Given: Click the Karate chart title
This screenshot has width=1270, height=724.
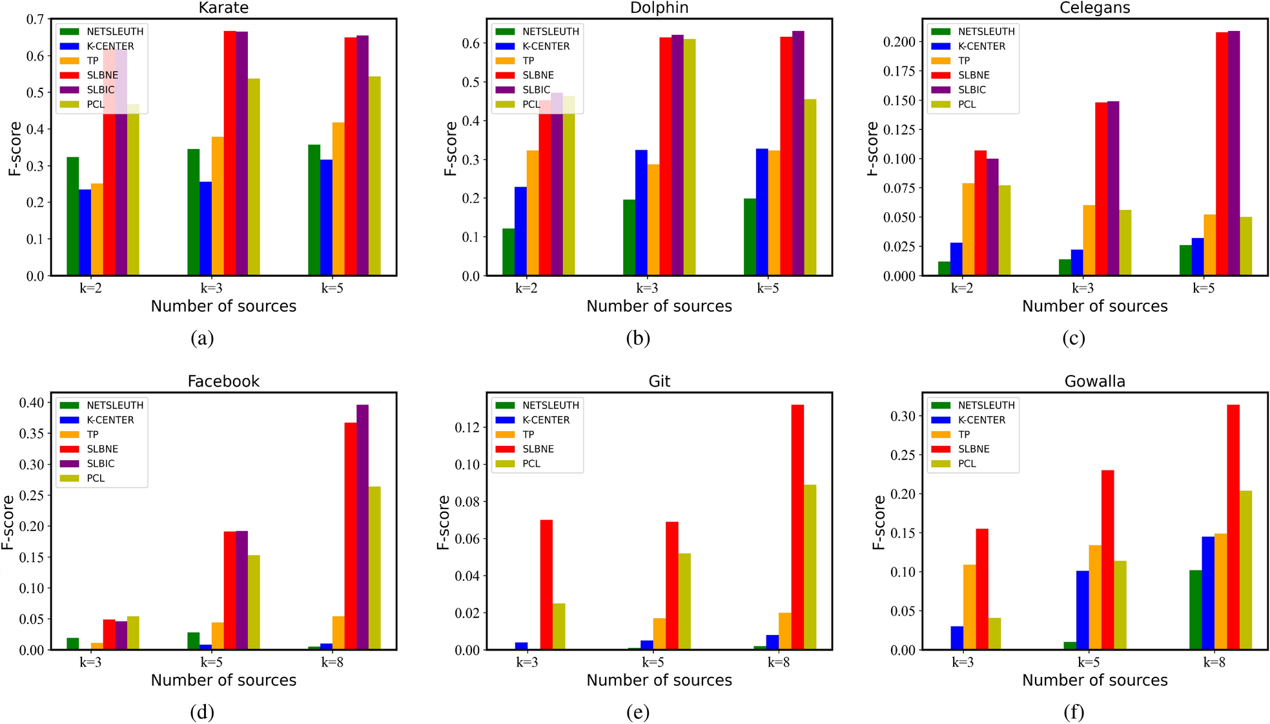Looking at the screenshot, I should (x=223, y=8).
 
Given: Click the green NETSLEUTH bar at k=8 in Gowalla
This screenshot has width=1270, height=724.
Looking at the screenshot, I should (x=1195, y=609).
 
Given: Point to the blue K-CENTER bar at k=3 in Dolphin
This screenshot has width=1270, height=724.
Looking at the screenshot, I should (x=641, y=212).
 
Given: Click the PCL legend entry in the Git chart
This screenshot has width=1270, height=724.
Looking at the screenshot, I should (x=531, y=463).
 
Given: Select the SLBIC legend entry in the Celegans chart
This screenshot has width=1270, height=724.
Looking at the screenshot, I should (x=971, y=90).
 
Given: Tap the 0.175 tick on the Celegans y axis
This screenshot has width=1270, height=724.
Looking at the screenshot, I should (x=899, y=71).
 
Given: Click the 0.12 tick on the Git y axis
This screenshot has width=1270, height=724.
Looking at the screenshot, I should (x=467, y=427).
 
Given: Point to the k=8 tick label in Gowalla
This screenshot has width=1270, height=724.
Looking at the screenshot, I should (x=1214, y=662).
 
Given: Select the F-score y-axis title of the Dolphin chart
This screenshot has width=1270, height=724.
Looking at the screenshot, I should (x=450, y=148).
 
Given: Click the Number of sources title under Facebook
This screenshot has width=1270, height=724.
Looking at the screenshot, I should (x=223, y=680).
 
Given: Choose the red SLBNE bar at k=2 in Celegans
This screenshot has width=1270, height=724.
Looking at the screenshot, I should (x=980, y=213).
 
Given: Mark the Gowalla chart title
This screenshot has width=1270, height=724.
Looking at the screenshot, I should (x=1094, y=381).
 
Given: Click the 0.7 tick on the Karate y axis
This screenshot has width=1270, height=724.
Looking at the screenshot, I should (x=35, y=20).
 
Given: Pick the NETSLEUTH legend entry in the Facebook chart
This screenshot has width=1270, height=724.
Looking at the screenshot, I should (x=114, y=405).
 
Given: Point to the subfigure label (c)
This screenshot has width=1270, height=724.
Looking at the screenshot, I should (x=1073, y=337).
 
